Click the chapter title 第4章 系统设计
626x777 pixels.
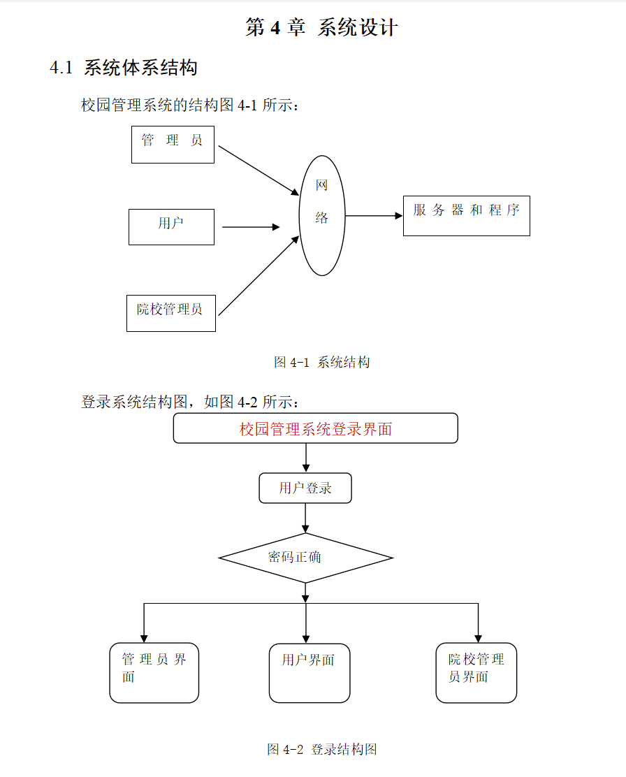click(321, 28)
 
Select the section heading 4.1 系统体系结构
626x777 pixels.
click(124, 68)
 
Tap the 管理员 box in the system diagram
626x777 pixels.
click(173, 144)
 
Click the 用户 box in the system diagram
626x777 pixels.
click(171, 226)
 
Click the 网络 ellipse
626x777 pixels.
click(322, 215)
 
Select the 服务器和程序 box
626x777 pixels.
click(466, 215)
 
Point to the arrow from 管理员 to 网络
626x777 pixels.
click(259, 171)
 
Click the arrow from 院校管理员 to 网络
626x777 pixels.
click(259, 276)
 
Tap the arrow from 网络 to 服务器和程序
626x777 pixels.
click(374, 216)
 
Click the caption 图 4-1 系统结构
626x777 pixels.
click(321, 362)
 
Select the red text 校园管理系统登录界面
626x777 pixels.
click(316, 429)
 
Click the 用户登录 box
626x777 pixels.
click(305, 488)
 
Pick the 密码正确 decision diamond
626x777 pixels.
click(305, 558)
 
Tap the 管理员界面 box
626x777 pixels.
click(154, 672)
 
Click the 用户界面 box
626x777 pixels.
click(310, 672)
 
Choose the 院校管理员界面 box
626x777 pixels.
click(476, 672)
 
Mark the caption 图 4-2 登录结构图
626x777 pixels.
click(322, 749)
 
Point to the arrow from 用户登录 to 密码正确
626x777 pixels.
click(305, 518)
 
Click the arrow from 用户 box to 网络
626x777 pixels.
click(250, 226)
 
